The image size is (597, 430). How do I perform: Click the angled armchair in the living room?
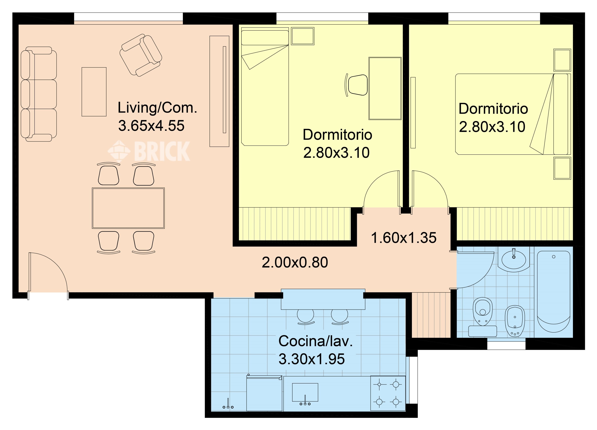tap(141, 55)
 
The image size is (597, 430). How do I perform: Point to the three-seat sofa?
tap(39, 94)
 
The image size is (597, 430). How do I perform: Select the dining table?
tap(128, 208)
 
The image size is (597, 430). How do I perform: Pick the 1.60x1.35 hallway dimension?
tap(404, 238)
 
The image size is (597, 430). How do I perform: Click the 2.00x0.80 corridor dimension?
tap(295, 262)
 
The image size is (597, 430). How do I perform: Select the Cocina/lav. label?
tap(315, 341)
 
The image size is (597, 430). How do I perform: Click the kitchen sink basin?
tap(305, 392)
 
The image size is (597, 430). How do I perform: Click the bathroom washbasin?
tap(514, 260)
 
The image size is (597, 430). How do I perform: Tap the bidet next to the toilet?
tap(515, 321)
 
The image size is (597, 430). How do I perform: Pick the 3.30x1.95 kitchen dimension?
tap(312, 359)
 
